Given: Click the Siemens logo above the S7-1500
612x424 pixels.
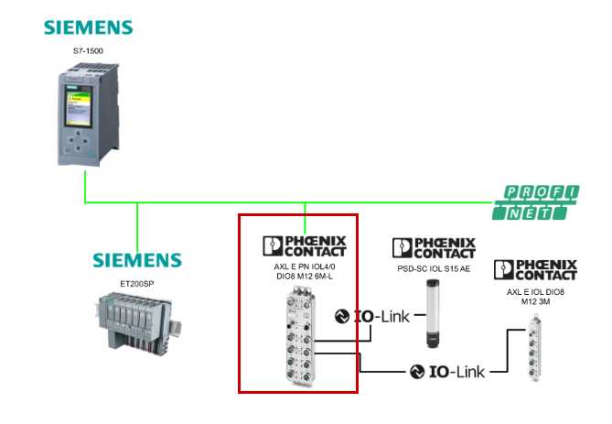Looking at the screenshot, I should [88, 27].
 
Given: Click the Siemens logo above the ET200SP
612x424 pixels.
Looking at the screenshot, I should [137, 259].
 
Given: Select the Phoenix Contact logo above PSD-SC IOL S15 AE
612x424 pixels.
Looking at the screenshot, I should [434, 247].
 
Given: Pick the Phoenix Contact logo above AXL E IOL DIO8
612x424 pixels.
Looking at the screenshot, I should [535, 269].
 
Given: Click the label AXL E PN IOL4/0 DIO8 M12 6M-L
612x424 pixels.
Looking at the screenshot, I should [305, 272].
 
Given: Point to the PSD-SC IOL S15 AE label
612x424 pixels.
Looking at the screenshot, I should [434, 268].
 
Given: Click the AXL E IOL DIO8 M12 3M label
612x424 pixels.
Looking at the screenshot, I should [535, 296].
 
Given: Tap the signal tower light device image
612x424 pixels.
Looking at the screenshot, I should [434, 312].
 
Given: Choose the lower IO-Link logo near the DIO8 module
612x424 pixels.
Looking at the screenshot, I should [447, 371].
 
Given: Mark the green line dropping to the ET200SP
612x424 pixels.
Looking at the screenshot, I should [137, 224].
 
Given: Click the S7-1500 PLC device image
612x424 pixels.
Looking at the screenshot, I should [83, 115].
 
